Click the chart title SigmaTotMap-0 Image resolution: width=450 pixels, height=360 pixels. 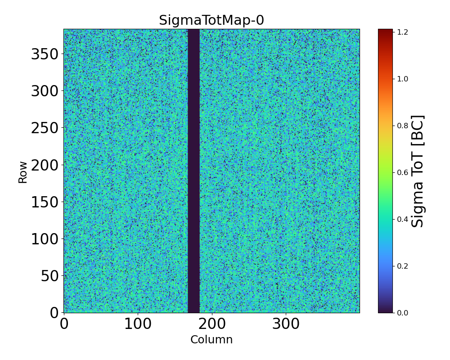tap(211, 20)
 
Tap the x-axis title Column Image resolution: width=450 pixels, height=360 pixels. tap(211, 340)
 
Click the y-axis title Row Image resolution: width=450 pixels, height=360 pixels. tap(22, 171)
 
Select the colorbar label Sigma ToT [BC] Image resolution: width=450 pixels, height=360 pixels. tap(418, 171)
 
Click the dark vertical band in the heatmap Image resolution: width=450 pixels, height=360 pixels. tap(193, 171)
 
